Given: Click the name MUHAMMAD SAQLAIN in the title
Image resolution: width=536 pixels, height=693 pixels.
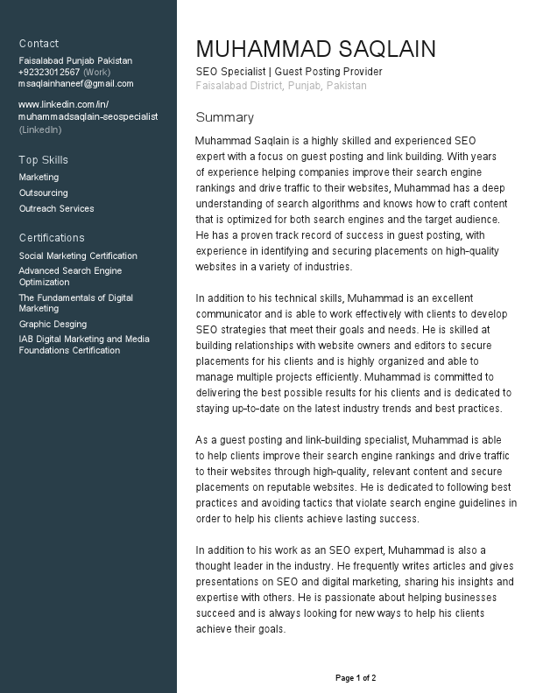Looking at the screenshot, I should point(315,49).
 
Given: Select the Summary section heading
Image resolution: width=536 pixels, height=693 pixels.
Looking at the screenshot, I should point(224,117).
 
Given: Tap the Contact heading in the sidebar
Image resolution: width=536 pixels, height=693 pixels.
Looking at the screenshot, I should point(39,43).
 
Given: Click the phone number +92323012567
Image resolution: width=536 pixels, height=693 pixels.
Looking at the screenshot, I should point(49,72).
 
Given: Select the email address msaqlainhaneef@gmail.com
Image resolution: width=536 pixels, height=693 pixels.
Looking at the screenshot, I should point(76,83).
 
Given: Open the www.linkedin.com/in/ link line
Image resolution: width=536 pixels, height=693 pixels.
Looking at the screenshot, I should point(63,104).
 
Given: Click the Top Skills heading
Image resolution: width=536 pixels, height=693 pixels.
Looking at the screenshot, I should point(43,160).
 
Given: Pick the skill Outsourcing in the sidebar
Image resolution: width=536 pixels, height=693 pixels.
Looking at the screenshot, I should point(43,192).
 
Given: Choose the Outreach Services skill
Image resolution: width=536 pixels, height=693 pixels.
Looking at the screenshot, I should point(56,208).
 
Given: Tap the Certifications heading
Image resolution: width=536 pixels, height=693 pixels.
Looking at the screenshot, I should point(52,238).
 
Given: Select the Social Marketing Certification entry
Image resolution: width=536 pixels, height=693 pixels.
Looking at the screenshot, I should point(78,255).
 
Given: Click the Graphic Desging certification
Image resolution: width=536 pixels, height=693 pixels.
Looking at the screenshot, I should point(53,324).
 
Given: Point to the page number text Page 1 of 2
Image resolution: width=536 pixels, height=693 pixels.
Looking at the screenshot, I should point(356,678).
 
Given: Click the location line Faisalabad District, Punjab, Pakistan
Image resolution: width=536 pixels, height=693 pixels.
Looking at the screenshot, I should point(281,86).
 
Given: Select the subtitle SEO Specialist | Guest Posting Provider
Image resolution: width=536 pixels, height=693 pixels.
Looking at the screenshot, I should point(289,72).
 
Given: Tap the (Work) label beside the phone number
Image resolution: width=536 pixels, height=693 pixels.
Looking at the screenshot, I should point(96,72).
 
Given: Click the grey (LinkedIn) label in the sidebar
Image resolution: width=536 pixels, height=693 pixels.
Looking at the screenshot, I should point(40,129).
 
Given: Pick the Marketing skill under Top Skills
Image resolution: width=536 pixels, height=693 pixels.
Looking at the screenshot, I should point(39,177).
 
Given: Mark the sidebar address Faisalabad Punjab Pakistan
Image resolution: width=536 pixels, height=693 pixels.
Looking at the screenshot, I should point(75,60).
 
